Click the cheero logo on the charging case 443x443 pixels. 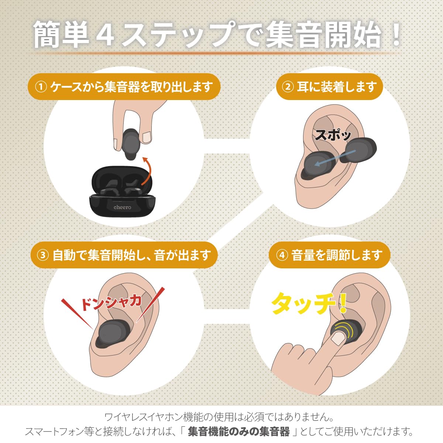tap(122, 207)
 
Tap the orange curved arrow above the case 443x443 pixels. tap(147, 171)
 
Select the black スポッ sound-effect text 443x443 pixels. tap(333, 135)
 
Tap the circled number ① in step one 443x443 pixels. tap(41, 87)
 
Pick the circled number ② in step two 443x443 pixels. tap(287, 87)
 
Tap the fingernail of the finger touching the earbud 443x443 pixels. tap(339, 337)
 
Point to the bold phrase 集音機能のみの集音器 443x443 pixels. tap(239, 431)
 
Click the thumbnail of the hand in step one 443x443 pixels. tap(147, 137)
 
